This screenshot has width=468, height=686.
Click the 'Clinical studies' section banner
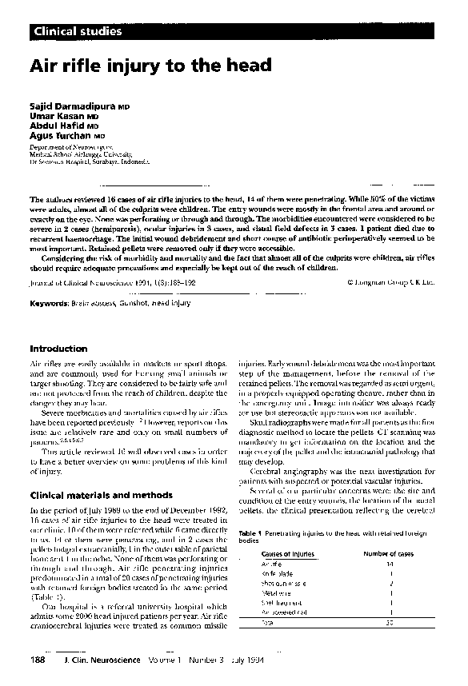click(x=78, y=32)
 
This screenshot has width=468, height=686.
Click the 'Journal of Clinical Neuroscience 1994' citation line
click(x=111, y=282)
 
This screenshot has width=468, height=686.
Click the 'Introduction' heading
click(x=58, y=349)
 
